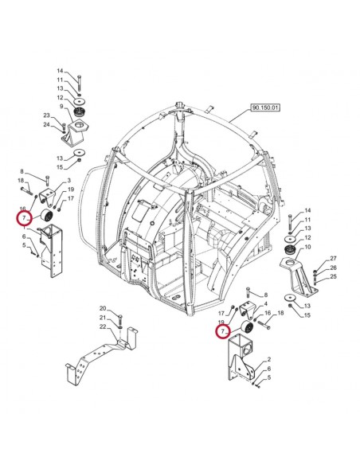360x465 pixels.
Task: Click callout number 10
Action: click(307, 248)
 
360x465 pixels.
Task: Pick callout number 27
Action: click(334, 260)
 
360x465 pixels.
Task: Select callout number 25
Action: click(334, 276)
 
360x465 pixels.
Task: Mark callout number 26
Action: click(334, 268)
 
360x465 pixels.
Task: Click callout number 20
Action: click(103, 308)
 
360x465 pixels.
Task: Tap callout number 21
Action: click(103, 317)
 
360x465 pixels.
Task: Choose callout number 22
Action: click(103, 326)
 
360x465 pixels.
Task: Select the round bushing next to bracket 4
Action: click(247, 329)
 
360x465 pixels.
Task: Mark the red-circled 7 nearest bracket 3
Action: click(25, 217)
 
